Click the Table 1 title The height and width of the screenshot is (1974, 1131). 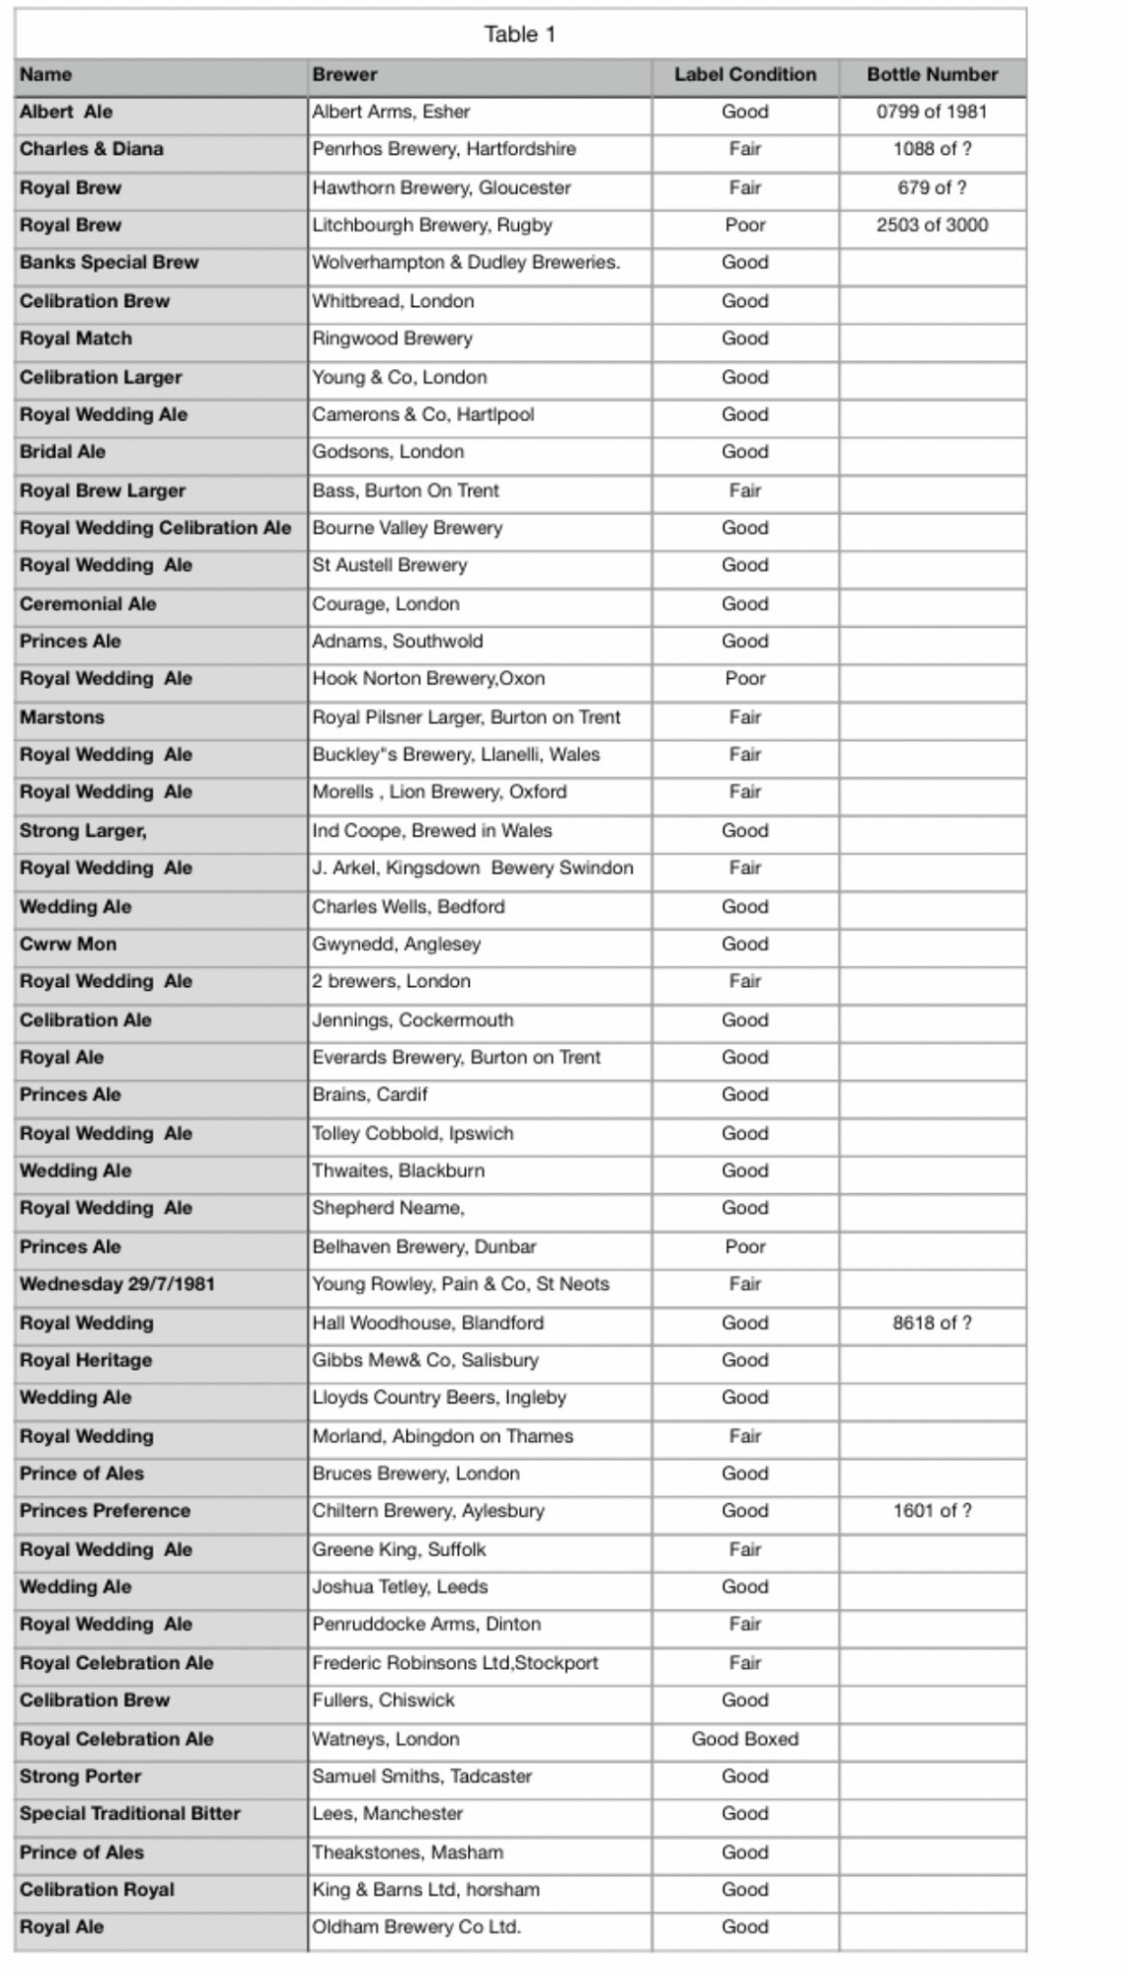point(520,35)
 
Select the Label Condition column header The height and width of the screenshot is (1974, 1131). point(745,75)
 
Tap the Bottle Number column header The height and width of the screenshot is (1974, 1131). point(932,75)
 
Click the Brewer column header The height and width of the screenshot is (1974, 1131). point(345,75)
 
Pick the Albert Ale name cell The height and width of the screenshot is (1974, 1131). point(66,113)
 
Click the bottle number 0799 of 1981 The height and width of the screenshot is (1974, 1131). point(932,113)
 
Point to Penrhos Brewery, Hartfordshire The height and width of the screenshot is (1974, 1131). point(444,150)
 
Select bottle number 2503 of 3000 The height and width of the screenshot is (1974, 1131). point(932,226)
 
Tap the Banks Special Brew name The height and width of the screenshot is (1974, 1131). point(109,264)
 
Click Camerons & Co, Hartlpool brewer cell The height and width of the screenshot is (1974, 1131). point(423,416)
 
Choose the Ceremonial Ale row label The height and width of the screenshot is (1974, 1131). point(88,604)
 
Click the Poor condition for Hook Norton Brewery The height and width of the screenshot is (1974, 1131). point(745,679)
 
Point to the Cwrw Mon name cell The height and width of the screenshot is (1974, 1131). point(68,945)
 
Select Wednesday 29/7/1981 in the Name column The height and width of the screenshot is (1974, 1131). point(116,1285)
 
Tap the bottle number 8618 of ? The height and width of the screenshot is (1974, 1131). point(932,1324)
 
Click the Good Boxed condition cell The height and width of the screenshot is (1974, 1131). point(745,1739)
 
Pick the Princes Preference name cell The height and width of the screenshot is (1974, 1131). point(105,1511)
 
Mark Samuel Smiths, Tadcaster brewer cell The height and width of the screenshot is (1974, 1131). point(422,1777)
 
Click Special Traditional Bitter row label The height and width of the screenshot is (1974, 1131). point(130,1814)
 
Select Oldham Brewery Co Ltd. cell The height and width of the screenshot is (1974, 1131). point(416,1928)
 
